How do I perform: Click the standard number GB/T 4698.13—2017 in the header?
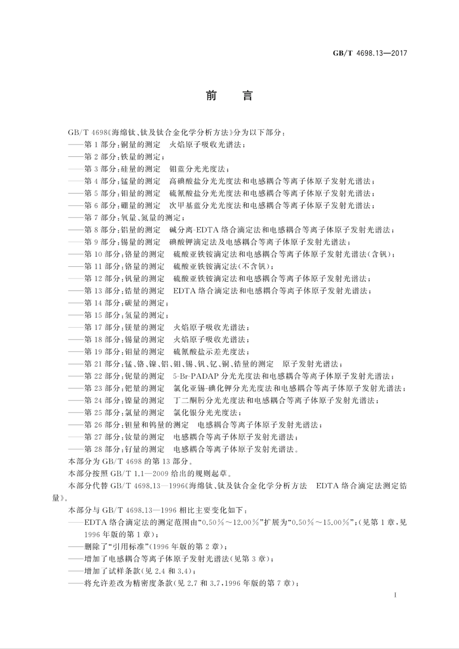coord(370,53)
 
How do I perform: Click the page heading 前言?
coord(229,96)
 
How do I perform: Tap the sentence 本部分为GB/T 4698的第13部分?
coord(124,461)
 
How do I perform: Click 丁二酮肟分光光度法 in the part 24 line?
coord(210,400)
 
